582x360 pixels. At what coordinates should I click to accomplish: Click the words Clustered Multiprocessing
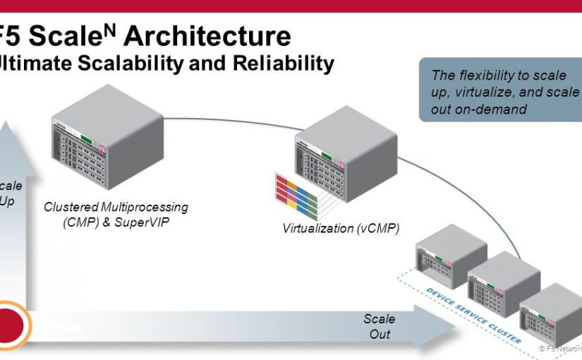click(116, 207)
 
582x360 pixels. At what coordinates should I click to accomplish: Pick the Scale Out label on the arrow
click(380, 325)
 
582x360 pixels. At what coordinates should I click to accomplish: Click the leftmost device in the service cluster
click(451, 257)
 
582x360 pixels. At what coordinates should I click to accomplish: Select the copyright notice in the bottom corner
click(561, 348)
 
